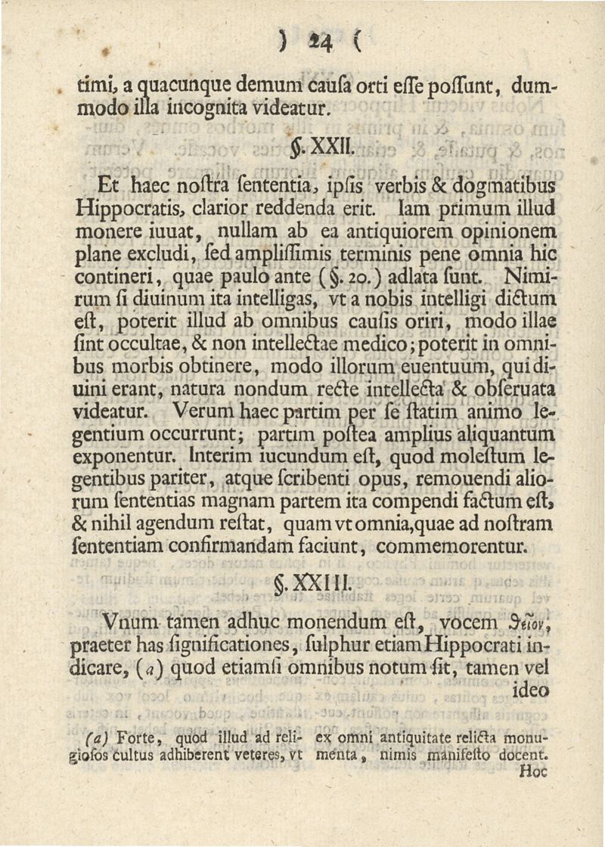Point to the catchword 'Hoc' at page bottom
coord(533,773)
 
